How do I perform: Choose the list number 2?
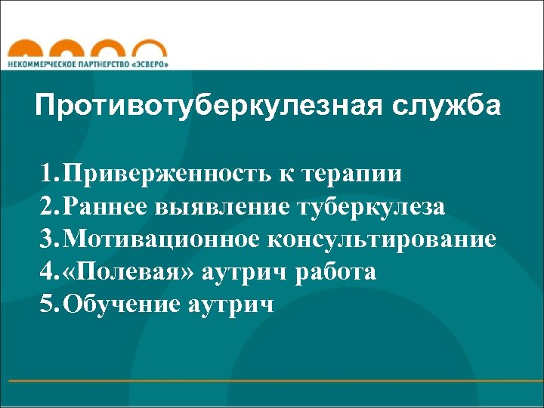49,207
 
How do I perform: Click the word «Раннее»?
107,207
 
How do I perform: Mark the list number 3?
49,240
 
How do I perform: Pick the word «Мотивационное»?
160,240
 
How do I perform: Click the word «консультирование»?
380,240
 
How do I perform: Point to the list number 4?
49,272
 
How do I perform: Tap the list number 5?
49,304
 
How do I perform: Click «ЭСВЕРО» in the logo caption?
149,65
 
